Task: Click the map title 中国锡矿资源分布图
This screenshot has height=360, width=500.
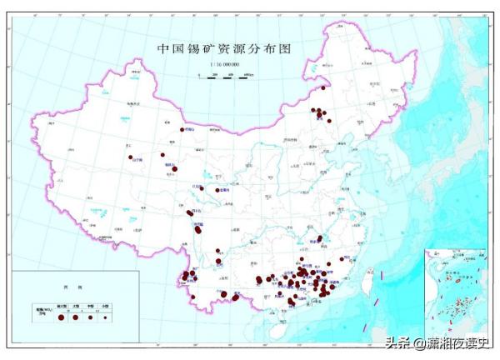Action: pyautogui.click(x=225, y=48)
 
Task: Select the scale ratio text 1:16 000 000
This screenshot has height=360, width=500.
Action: pyautogui.click(x=224, y=63)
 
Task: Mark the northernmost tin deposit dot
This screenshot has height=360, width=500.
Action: pyautogui.click(x=324, y=83)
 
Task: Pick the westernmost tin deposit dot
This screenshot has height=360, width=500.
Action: pyautogui.click(x=131, y=157)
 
